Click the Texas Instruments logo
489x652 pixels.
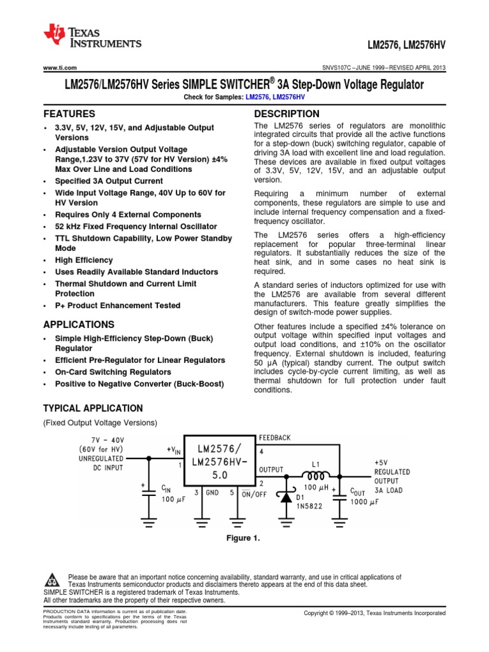[92, 37]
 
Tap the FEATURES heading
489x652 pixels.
[69, 114]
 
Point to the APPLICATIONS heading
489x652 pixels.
[78, 324]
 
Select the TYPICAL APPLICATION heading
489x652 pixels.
[92, 408]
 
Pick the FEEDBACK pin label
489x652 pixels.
[274, 438]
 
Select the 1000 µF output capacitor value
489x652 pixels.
[365, 502]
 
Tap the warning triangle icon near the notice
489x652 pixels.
[51, 581]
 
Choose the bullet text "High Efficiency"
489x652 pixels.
[83, 260]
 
